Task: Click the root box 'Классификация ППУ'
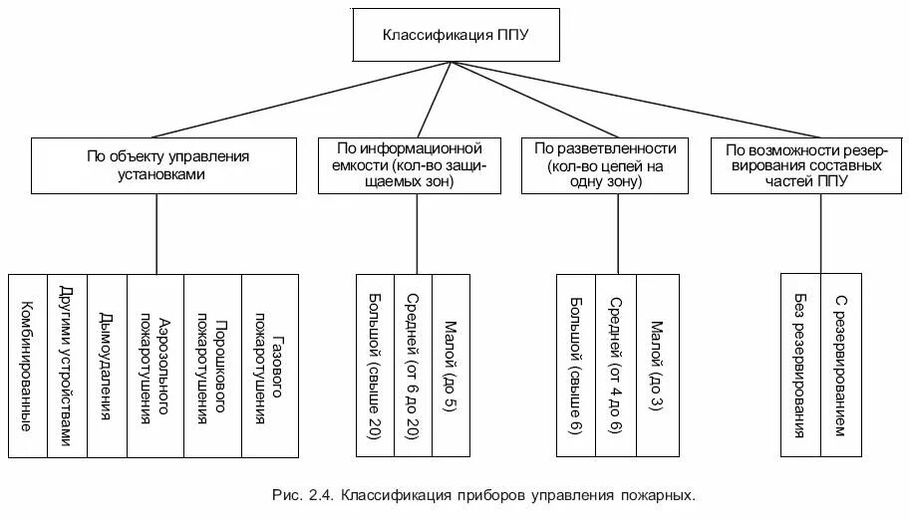pyautogui.click(x=455, y=36)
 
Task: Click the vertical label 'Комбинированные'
pyautogui.click(x=28, y=365)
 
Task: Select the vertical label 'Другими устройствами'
pyautogui.click(x=67, y=365)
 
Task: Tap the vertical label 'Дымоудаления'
pyautogui.click(x=107, y=365)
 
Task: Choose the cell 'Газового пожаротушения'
pyautogui.click(x=269, y=365)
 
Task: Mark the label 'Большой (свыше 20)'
pyautogui.click(x=375, y=365)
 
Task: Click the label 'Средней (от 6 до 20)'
pyautogui.click(x=413, y=365)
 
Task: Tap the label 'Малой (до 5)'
pyautogui.click(x=451, y=365)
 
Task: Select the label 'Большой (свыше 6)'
pyautogui.click(x=576, y=365)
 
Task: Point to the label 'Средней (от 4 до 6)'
pyautogui.click(x=616, y=365)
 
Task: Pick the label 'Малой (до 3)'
pyautogui.click(x=657, y=365)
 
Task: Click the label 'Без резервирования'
pyautogui.click(x=800, y=365)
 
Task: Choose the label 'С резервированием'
pyautogui.click(x=841, y=365)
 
